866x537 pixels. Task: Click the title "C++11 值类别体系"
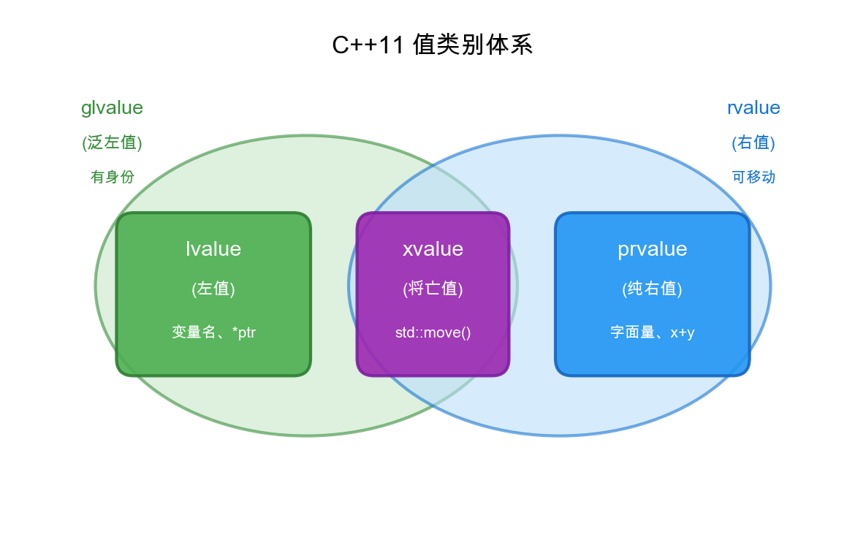pos(433,45)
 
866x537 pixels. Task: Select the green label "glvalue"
pos(112,107)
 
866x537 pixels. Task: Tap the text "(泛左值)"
pos(112,142)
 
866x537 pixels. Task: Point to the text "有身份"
pos(112,177)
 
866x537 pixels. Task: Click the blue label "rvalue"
pos(753,107)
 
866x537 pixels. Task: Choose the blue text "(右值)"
pos(753,142)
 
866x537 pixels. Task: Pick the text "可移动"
pos(753,177)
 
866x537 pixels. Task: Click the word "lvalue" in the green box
pos(213,248)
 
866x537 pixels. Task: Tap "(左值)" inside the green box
pos(213,289)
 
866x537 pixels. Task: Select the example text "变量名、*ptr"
pos(213,332)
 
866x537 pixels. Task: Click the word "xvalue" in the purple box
pos(433,248)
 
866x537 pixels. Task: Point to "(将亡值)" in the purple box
pos(433,289)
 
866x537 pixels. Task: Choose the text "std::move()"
pos(433,332)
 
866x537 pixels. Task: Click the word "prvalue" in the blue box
pos(652,248)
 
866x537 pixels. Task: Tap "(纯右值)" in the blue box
pos(652,289)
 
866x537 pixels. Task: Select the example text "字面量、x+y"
pos(652,332)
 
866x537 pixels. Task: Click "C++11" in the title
pos(368,45)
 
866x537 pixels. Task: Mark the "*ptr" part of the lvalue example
pos(244,332)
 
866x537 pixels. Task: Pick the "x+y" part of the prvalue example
pos(683,332)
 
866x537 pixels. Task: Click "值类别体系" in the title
pos(473,45)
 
